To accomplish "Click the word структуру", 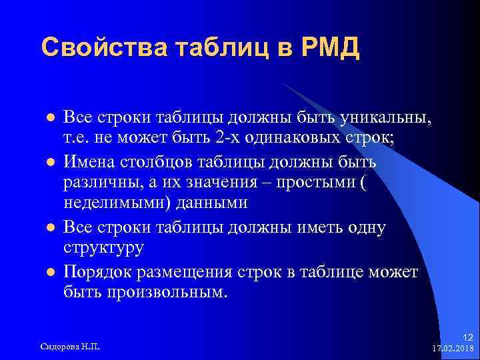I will (103, 249).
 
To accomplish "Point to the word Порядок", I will (97, 271).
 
